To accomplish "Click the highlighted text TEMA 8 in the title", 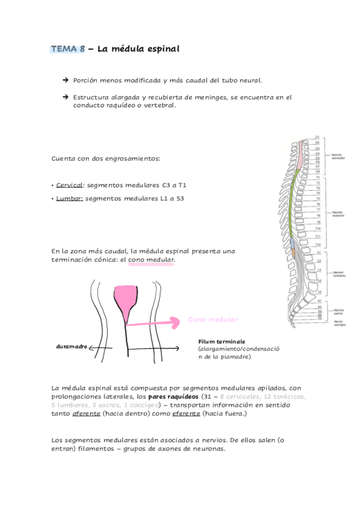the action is tap(68, 49).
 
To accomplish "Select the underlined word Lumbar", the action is tap(69, 198).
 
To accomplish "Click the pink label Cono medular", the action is tap(213, 319).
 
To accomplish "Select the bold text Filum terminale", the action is tap(221, 342).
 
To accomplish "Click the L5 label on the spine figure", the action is tap(319, 292).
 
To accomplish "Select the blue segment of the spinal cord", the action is tap(291, 244).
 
